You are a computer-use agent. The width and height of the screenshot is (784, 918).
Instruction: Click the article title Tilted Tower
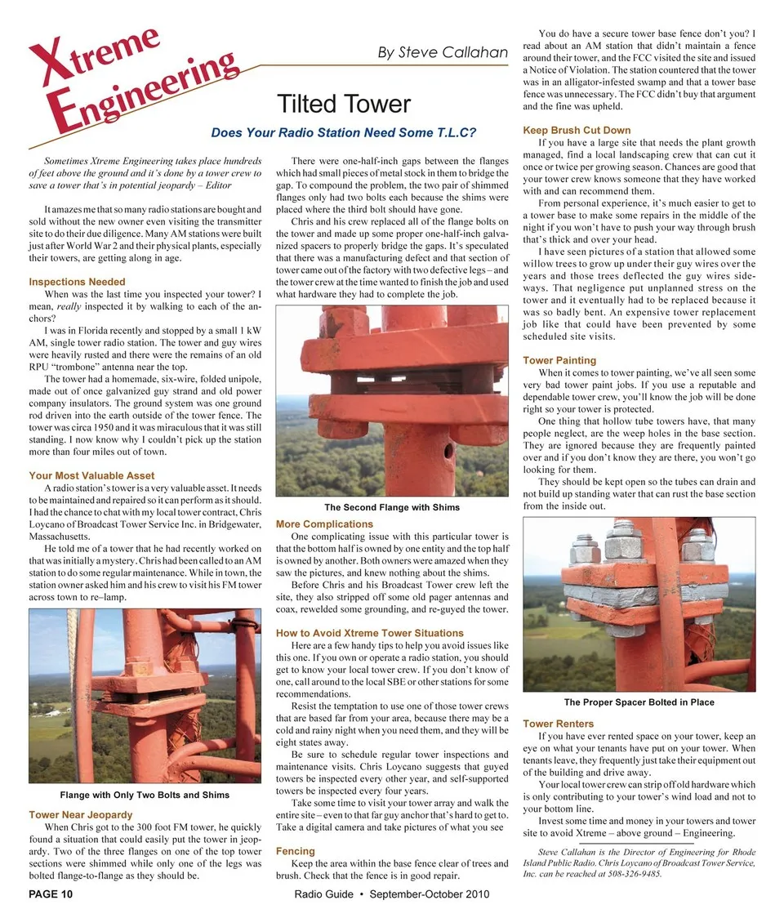[x=344, y=105]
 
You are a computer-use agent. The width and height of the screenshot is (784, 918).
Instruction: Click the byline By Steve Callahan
[x=443, y=53]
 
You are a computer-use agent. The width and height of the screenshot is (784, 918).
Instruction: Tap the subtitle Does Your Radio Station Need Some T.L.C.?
[x=343, y=132]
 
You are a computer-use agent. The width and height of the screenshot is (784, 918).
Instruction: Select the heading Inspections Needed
[x=77, y=283]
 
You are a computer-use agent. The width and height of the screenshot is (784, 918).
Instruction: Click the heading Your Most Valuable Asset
[x=91, y=475]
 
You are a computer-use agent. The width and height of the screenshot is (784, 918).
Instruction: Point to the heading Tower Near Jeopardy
[x=80, y=814]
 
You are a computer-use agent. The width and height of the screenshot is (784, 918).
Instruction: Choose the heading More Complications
[x=325, y=524]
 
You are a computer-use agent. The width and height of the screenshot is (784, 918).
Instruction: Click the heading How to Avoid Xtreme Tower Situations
[x=370, y=633]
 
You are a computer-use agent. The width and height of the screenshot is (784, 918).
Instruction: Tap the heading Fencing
[x=296, y=851]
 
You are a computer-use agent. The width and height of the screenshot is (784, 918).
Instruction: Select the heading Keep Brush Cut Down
[x=577, y=130]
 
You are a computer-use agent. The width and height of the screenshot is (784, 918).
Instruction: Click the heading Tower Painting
[x=559, y=360]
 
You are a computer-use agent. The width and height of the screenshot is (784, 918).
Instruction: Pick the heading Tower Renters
[x=558, y=724]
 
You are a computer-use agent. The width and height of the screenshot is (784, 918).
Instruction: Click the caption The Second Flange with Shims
[x=392, y=507]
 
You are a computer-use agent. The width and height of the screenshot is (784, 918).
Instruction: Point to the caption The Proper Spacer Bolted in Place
[x=639, y=702]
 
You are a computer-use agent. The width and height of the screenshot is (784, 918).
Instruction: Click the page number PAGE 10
[x=51, y=894]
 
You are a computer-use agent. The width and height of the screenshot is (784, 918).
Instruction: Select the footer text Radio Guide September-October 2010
[x=391, y=894]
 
